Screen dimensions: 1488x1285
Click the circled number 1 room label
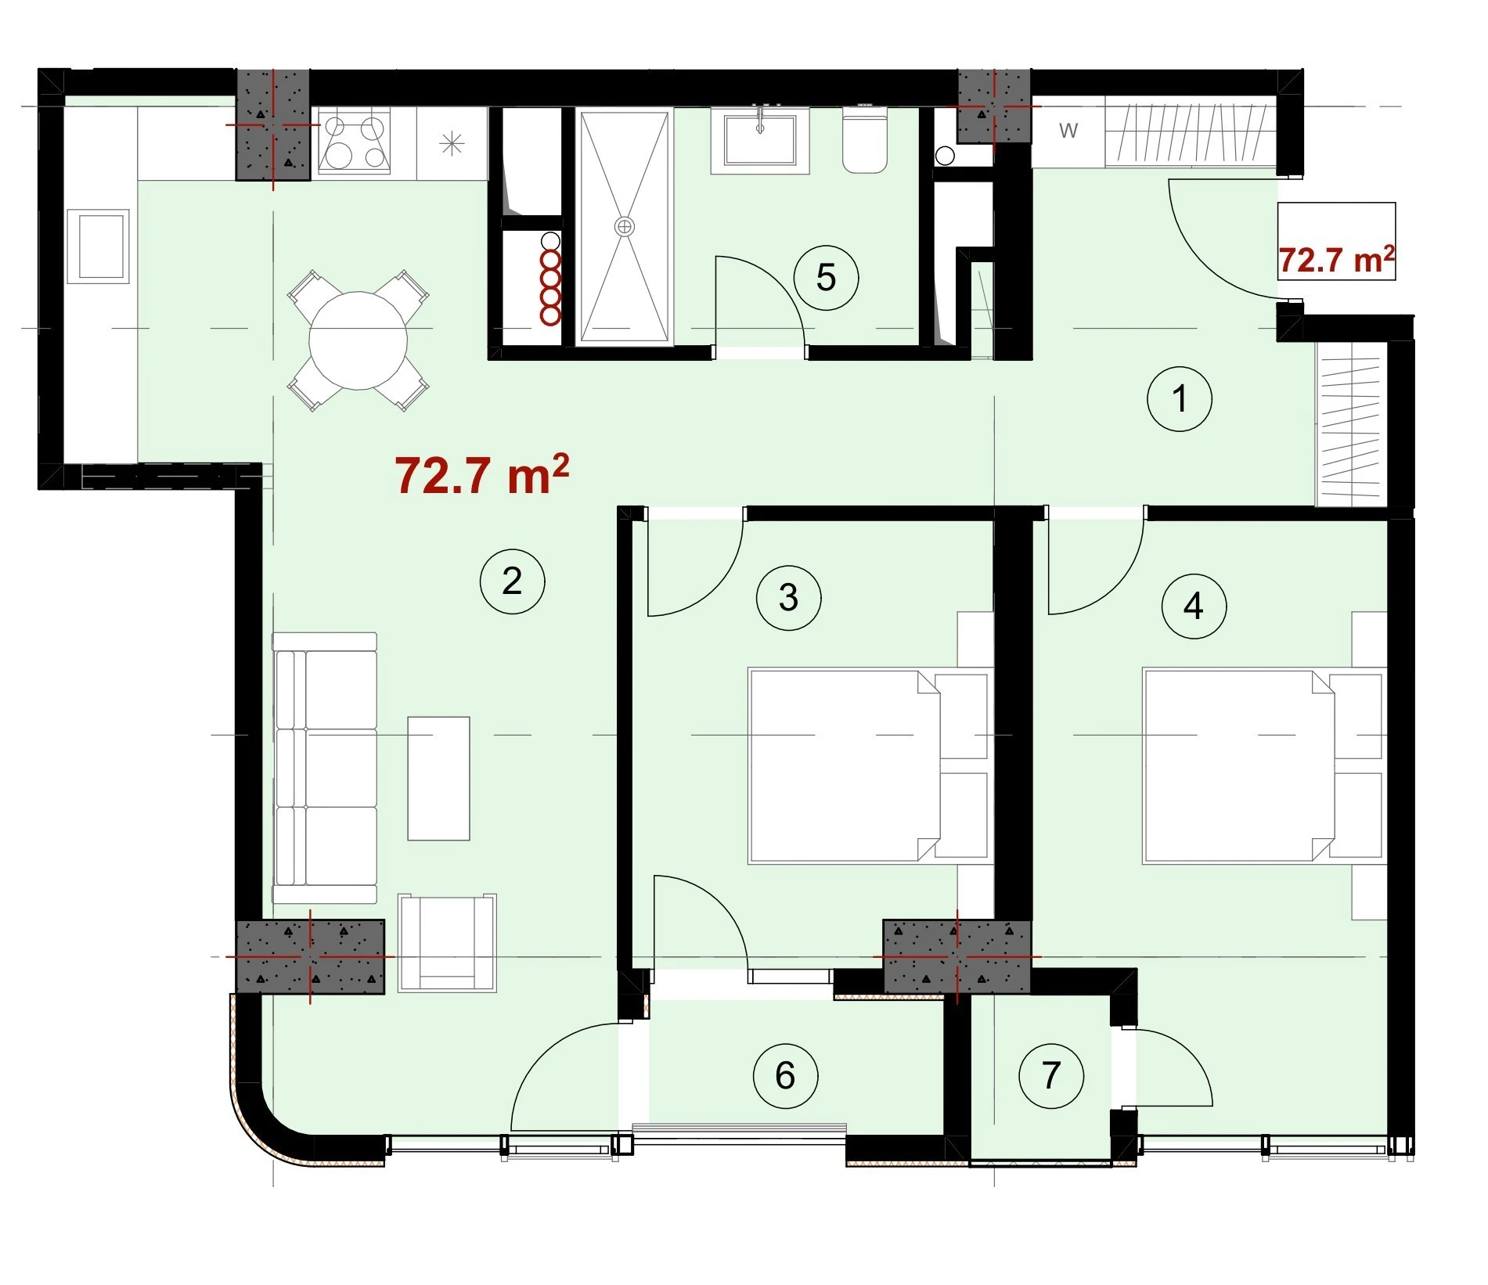pos(1180,399)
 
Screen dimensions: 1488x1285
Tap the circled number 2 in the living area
pos(512,581)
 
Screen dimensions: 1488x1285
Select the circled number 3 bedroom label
pos(788,598)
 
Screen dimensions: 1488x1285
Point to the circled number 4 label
pos(1194,606)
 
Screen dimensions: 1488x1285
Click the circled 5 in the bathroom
pos(826,278)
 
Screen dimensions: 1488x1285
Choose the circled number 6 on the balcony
pos(785,1076)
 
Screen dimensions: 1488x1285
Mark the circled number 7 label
pos(1051,1075)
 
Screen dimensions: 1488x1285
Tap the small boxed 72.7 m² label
pos(1336,260)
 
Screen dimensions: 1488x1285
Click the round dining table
pos(358,340)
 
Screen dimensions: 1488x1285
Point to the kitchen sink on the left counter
pos(99,246)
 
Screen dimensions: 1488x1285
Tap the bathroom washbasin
pos(759,141)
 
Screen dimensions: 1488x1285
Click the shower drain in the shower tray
pos(624,227)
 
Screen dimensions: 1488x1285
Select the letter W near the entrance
pos(1068,131)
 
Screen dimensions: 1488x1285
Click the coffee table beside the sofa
pos(438,778)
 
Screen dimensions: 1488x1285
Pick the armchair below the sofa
pos(447,943)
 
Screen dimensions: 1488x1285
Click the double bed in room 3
pos(870,765)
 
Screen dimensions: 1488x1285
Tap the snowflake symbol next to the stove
pos(452,144)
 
